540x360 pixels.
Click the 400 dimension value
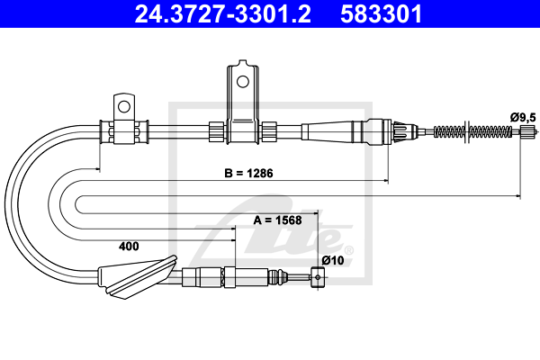[x=129, y=245]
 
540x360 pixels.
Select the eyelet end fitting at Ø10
[x=317, y=278]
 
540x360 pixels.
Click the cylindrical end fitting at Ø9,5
[x=528, y=131]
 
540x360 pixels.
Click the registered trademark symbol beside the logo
[x=348, y=249]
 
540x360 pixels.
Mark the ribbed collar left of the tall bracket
[x=216, y=131]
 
